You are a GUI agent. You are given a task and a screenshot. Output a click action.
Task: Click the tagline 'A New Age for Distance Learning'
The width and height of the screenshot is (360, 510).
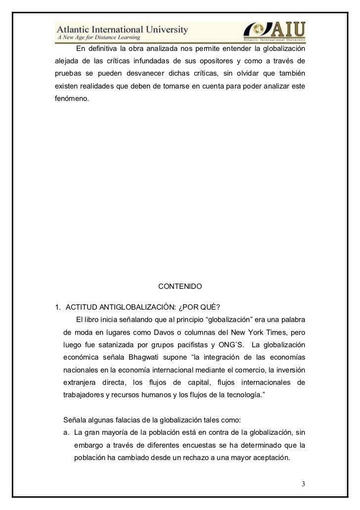tap(98, 38)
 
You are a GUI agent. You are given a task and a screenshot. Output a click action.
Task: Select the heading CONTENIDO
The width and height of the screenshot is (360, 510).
tap(180, 286)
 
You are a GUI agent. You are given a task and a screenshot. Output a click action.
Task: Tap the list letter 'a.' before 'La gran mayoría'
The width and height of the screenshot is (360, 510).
tap(67, 432)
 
